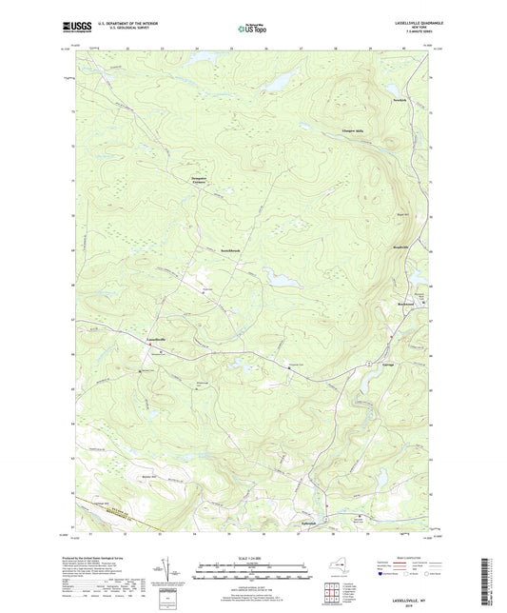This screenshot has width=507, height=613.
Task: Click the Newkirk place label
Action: point(374,98)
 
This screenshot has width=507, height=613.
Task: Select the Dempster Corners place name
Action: point(193,179)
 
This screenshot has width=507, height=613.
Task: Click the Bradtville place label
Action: point(381,246)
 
